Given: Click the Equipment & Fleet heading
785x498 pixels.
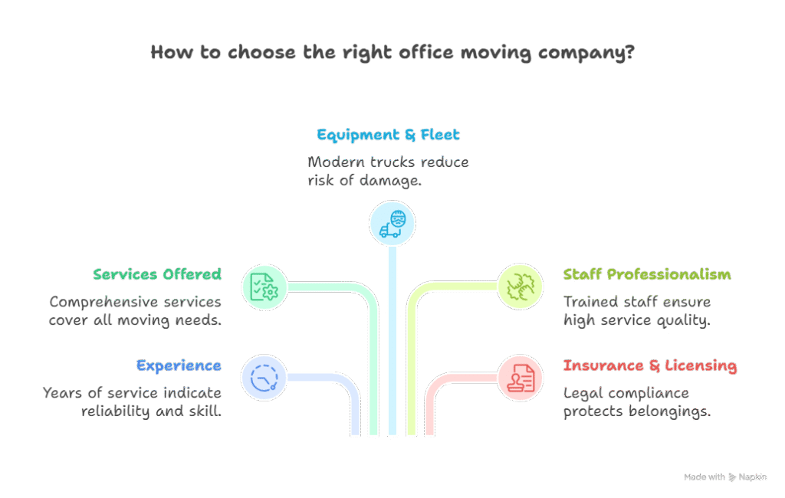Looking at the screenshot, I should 388,136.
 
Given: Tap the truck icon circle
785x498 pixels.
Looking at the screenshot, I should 392,224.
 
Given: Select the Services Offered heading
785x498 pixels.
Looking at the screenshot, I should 157,274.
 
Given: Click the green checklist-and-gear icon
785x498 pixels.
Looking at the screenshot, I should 264,287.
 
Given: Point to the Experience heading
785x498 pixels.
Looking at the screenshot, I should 179,365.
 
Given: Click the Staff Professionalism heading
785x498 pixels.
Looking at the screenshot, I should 647,274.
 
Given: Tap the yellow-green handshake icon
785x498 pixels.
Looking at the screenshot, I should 521,287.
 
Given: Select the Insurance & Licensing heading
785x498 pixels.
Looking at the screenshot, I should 650,365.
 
